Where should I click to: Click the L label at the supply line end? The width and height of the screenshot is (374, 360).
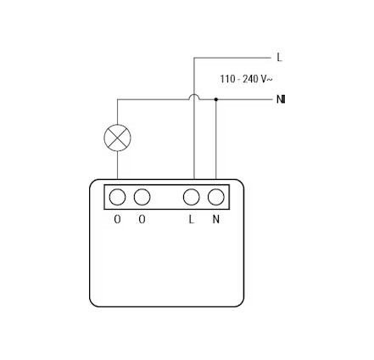point(279,58)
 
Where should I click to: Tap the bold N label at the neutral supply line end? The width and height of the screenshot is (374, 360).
point(281,99)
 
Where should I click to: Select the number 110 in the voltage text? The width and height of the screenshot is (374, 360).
point(227,79)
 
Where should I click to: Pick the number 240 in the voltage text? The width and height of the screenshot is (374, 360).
point(251,79)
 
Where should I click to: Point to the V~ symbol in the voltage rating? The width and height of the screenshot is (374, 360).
point(266,79)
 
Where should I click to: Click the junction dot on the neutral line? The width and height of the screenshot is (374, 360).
point(216,99)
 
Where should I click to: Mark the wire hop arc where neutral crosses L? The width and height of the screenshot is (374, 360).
point(194,96)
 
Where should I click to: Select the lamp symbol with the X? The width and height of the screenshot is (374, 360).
point(117,138)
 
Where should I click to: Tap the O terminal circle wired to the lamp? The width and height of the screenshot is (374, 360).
point(117,197)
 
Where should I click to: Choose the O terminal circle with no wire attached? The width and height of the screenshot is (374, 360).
point(142,197)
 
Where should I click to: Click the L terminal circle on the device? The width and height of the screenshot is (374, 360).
point(192,197)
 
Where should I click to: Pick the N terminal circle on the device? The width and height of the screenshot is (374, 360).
point(216,197)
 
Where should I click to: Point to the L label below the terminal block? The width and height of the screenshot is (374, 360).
point(192,219)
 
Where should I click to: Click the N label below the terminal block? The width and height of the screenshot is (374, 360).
point(216,219)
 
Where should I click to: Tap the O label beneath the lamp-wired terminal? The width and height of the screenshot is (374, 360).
point(117,219)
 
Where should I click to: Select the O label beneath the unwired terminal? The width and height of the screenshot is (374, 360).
point(142,219)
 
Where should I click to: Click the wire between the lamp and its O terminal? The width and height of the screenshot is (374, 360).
point(117,166)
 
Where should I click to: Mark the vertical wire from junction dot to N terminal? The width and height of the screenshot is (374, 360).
point(216,139)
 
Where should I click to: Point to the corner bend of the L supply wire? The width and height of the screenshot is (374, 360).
point(194,58)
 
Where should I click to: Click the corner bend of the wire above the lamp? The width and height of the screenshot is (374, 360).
point(117,99)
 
